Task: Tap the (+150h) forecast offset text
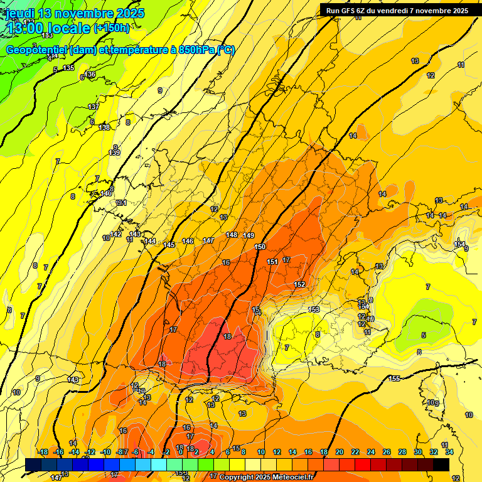point(112,28)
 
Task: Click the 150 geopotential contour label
point(260,247)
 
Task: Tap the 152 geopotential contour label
point(299,284)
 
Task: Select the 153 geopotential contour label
point(314,309)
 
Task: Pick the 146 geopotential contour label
point(188,241)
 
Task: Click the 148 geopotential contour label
point(232,235)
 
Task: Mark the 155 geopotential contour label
point(395,378)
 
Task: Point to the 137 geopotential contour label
point(94,107)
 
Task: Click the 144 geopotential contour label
point(150,241)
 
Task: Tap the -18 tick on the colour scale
point(43,452)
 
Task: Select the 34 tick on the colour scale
point(449,452)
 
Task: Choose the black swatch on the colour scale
point(441,464)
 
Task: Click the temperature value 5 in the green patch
point(424,336)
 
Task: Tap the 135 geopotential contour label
point(68,68)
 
